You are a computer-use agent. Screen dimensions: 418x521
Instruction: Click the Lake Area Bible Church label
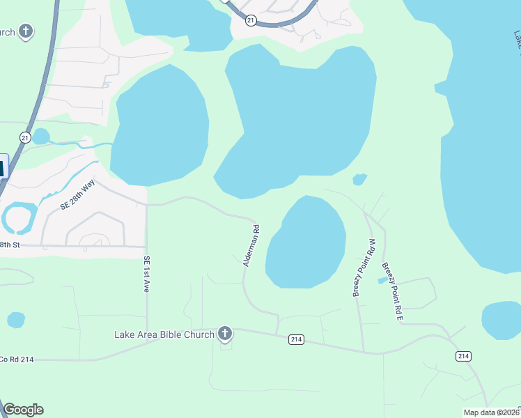point(164,334)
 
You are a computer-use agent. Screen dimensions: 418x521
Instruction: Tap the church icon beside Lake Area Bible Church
point(224,334)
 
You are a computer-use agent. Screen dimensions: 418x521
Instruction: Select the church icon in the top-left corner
point(26,31)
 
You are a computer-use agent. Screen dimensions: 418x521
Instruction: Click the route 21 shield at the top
point(251,21)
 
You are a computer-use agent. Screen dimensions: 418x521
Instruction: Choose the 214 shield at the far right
point(463,356)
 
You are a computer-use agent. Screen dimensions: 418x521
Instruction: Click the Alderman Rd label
point(251,245)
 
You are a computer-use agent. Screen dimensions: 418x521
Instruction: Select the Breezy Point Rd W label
point(364,268)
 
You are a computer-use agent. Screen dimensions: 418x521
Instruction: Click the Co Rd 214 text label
point(17,359)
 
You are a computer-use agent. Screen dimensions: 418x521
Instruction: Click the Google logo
point(23,410)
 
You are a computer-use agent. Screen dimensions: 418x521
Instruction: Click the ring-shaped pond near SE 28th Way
point(17,217)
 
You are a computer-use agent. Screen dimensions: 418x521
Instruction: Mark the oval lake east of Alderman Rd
point(306,242)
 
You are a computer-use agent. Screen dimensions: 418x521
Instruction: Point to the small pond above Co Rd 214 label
point(16,320)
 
